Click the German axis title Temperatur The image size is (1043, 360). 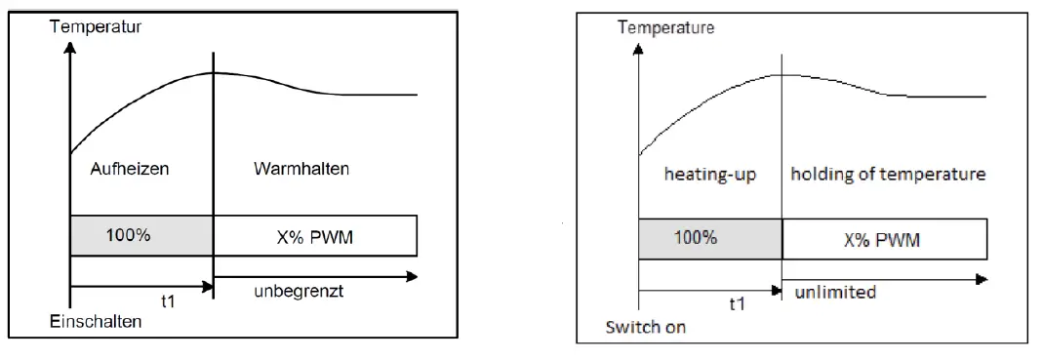coord(96,26)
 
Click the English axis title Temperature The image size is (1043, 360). coord(665,27)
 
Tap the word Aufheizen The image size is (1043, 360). coord(130,169)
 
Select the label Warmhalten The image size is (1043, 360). coord(301,169)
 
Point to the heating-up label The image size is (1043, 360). coord(710,175)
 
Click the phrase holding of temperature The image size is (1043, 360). coord(887,175)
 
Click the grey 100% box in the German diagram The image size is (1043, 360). coord(141,235)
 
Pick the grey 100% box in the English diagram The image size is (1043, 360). coord(710,238)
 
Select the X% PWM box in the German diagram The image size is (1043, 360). coord(315,235)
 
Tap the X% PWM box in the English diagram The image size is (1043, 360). coord(884,238)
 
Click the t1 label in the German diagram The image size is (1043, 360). coord(140,301)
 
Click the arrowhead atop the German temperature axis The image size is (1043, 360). coord(70,46)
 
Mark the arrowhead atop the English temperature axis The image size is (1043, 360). coord(638,47)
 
